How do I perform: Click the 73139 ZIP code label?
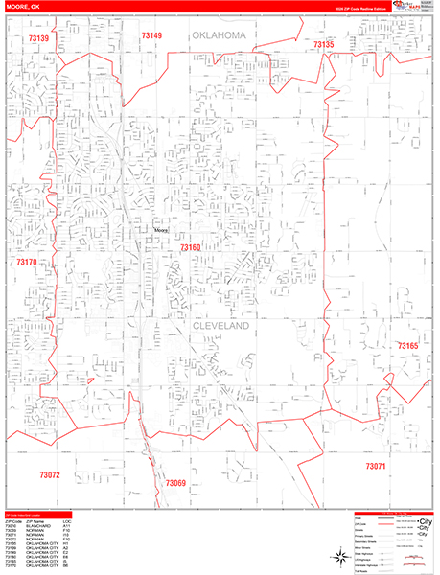[39, 38]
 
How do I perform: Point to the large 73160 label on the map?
[190, 248]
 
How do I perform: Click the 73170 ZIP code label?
[26, 262]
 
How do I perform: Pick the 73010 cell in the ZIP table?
[11, 526]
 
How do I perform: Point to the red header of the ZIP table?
[43, 515]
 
